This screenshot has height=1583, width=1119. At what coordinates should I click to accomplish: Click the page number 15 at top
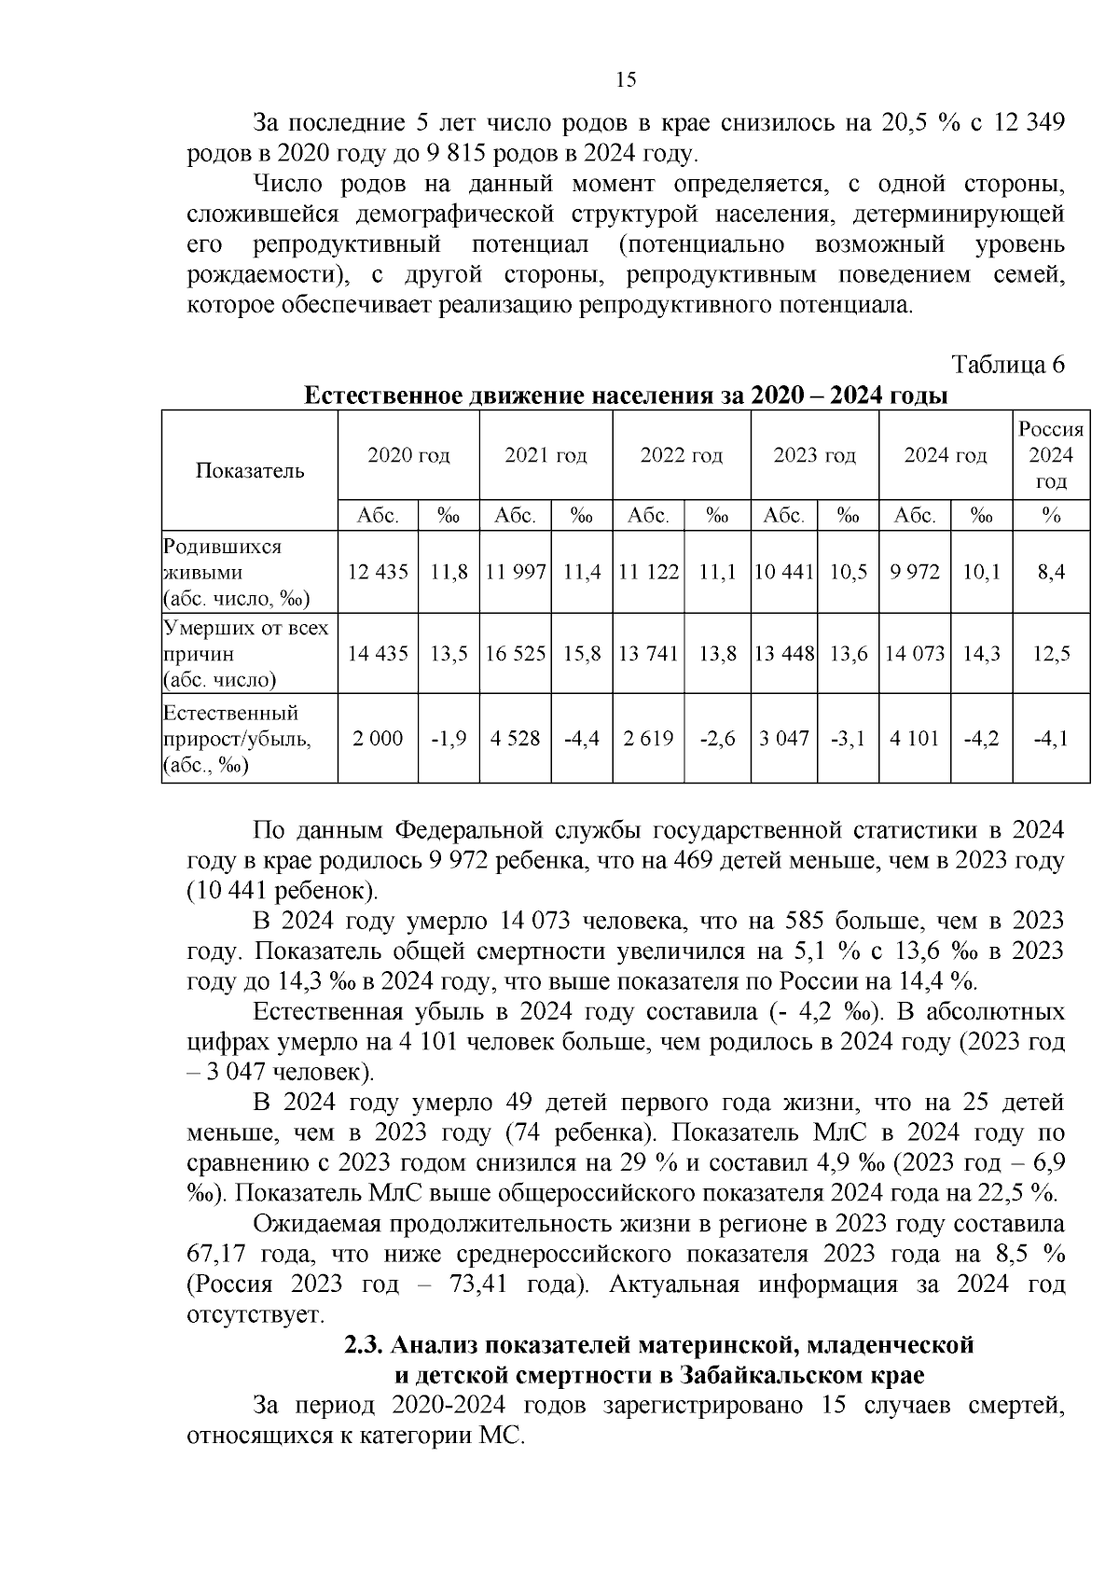pos(627,80)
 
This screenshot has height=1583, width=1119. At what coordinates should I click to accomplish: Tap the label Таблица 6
pos(1008,364)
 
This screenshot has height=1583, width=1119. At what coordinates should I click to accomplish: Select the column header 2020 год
pos(408,455)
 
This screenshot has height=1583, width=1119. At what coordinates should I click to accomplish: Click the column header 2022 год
pos(681,455)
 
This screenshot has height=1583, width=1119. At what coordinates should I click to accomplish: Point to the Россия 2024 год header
pos(1051,455)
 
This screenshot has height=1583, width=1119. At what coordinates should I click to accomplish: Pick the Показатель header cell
pos(250,470)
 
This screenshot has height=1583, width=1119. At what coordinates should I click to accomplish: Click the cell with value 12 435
pos(378,572)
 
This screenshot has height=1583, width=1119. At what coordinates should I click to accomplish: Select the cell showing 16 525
pos(516,653)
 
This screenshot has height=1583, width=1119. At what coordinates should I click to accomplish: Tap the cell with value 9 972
pos(915,572)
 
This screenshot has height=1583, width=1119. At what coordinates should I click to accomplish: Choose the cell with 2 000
pos(378,739)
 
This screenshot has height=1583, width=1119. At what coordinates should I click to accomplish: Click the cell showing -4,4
pos(582,739)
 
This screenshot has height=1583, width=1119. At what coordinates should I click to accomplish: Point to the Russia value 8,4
pos(1051,572)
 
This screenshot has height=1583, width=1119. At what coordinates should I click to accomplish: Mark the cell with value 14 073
pos(915,653)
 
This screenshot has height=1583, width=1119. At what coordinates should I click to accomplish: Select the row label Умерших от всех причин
pos(246,653)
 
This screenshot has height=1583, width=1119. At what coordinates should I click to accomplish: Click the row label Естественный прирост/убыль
pos(237,739)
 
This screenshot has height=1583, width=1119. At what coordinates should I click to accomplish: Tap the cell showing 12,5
pos(1051,653)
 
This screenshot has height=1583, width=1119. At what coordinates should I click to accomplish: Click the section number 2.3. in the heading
pos(364,1345)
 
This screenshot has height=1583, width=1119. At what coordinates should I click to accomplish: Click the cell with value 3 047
pos(784,739)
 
